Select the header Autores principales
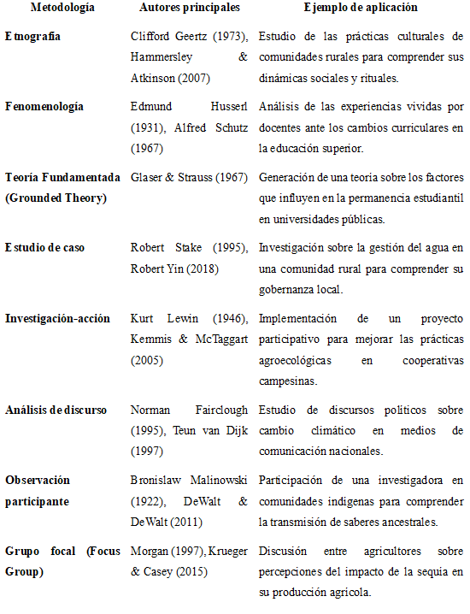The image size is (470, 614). point(189,8)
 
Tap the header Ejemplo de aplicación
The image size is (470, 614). point(361,8)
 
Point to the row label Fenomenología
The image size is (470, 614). point(44,107)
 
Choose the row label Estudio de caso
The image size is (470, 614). point(44,248)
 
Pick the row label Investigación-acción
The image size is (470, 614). point(57,318)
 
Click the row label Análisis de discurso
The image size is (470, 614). point(56,410)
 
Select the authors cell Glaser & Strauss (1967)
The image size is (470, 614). point(188,178)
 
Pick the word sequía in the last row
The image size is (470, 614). point(426,570)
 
